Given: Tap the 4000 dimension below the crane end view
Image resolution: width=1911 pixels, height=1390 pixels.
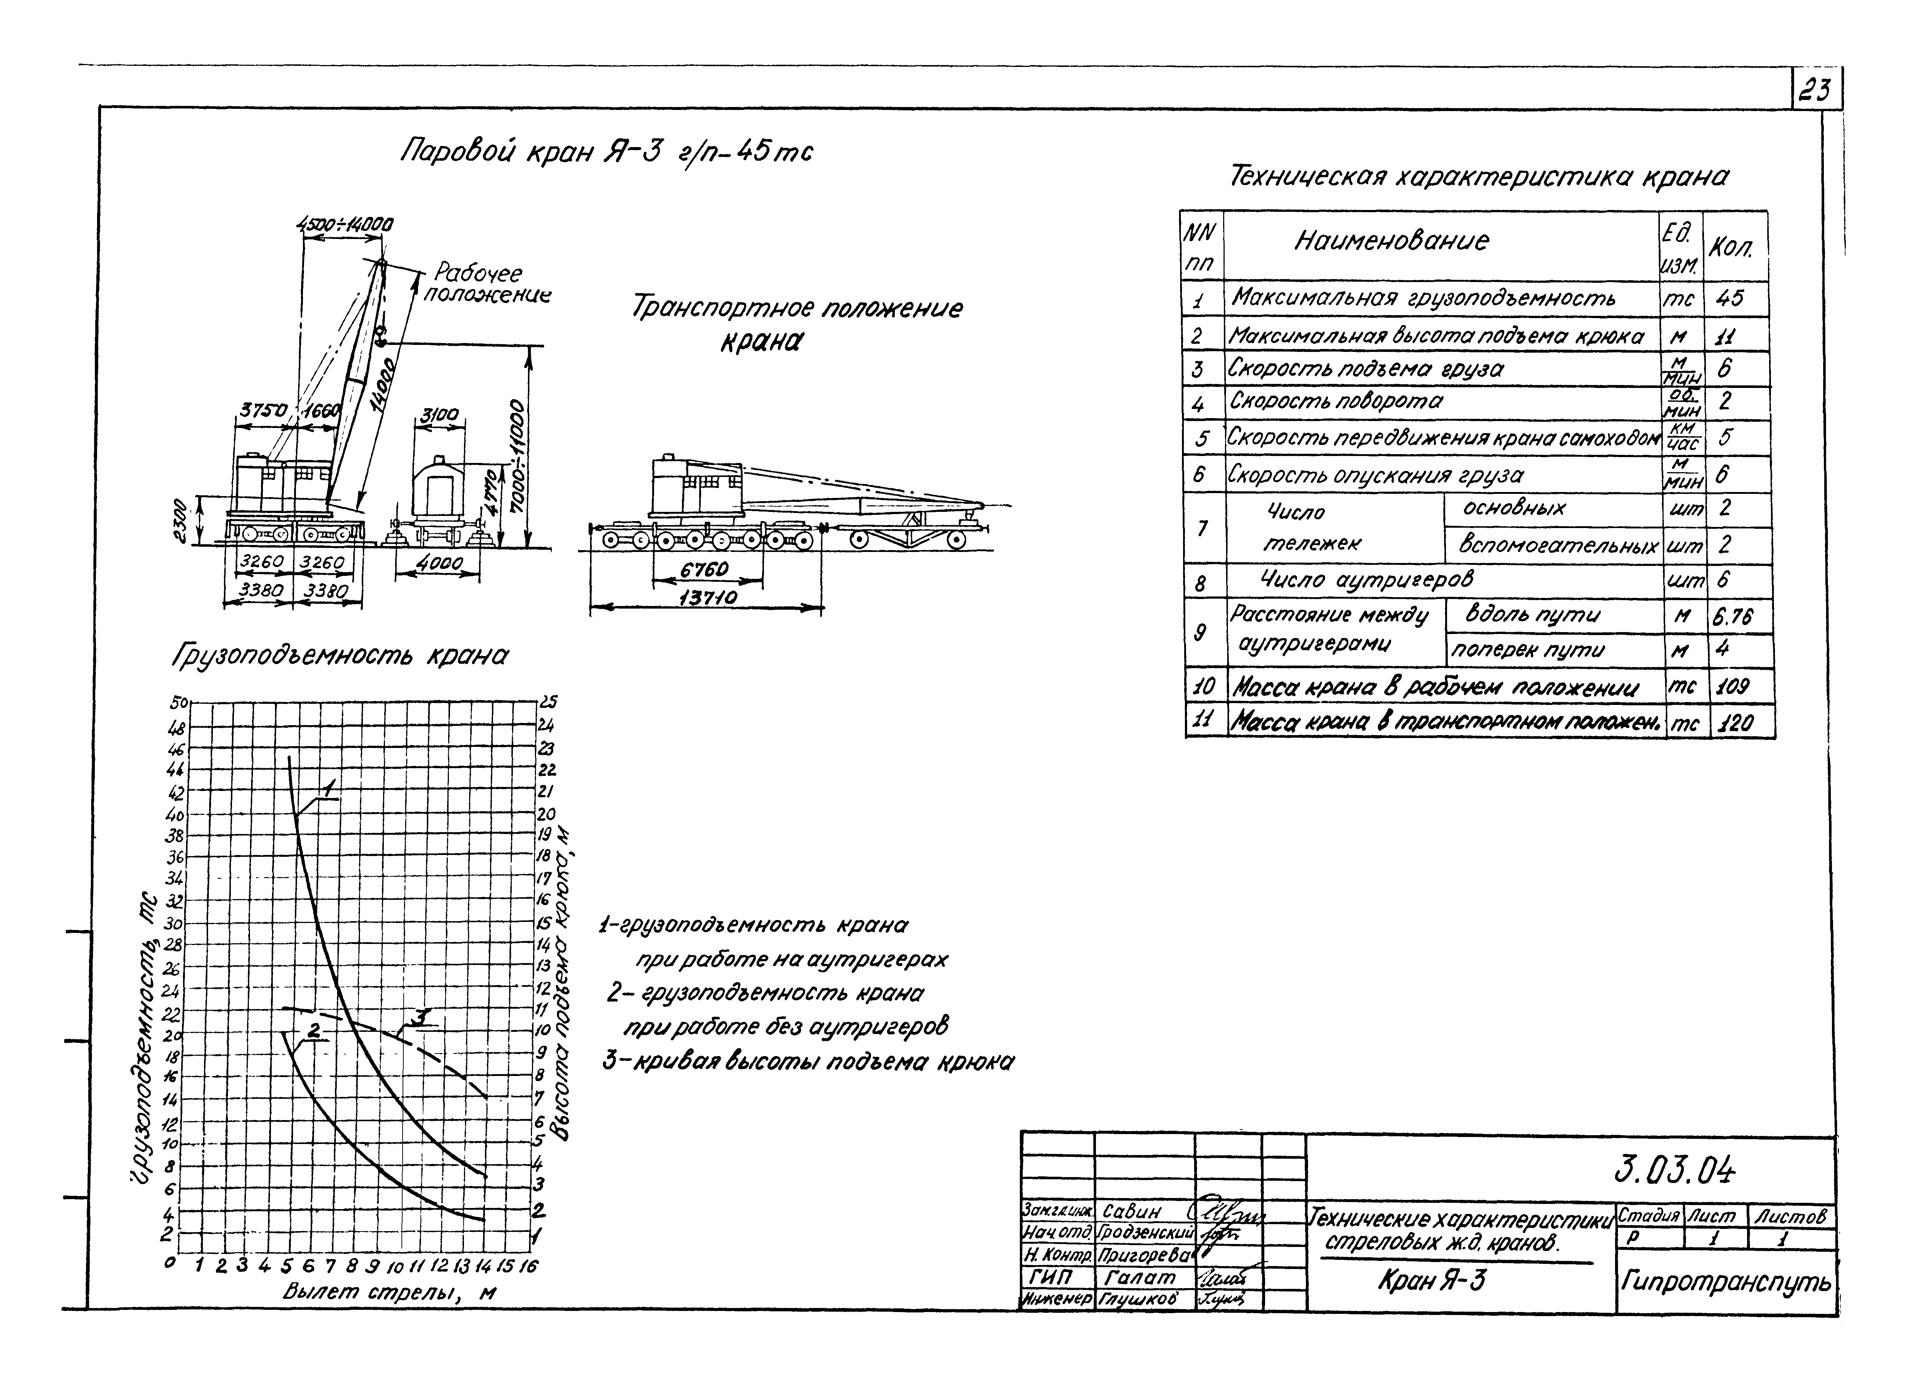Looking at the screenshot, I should (x=438, y=562).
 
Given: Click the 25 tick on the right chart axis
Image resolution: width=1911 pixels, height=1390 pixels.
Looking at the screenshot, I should (x=548, y=701).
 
